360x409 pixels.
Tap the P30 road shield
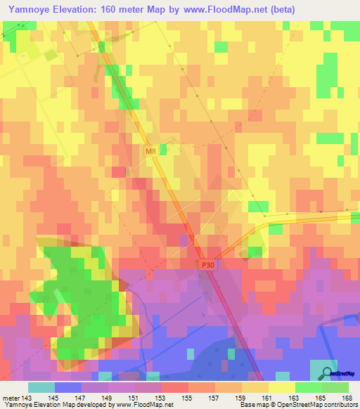(x=207, y=264)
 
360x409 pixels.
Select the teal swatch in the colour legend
(x=41, y=387)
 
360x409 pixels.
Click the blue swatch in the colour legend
(x=68, y=387)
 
